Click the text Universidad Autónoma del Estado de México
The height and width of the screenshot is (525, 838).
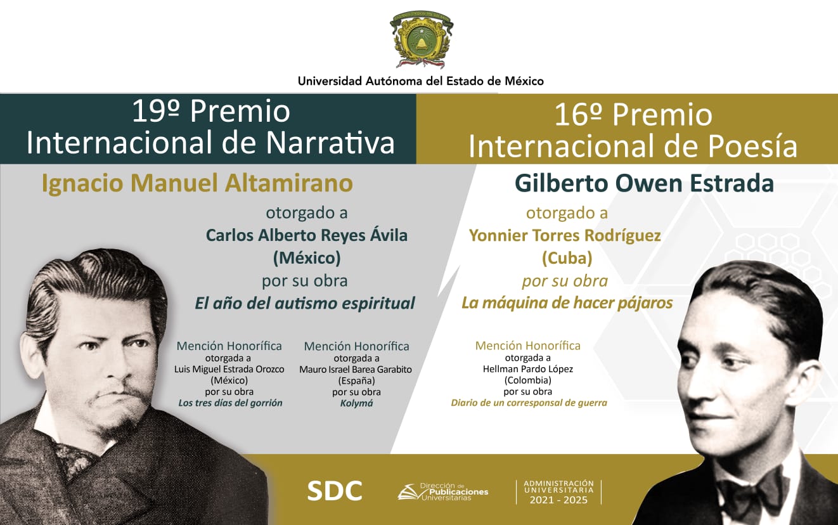[421, 81]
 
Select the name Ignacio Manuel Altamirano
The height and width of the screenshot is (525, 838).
[197, 183]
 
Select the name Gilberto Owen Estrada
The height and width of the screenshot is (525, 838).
[644, 183]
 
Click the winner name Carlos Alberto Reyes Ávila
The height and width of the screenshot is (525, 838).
[306, 235]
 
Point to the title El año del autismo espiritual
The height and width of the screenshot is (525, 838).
[304, 303]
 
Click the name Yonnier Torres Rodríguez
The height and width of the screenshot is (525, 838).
[565, 235]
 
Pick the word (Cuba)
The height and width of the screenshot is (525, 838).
[566, 258]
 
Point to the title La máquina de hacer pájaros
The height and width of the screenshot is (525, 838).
[567, 303]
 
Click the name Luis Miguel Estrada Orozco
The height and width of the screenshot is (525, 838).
[229, 369]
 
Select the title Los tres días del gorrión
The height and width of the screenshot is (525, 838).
[230, 403]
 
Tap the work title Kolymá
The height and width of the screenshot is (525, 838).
[356, 403]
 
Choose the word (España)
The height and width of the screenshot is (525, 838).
[356, 380]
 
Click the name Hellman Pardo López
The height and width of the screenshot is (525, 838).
[528, 369]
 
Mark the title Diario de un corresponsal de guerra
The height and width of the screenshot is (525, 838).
[529, 403]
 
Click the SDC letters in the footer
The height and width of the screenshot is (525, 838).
[335, 490]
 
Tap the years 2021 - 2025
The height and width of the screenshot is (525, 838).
[558, 500]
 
